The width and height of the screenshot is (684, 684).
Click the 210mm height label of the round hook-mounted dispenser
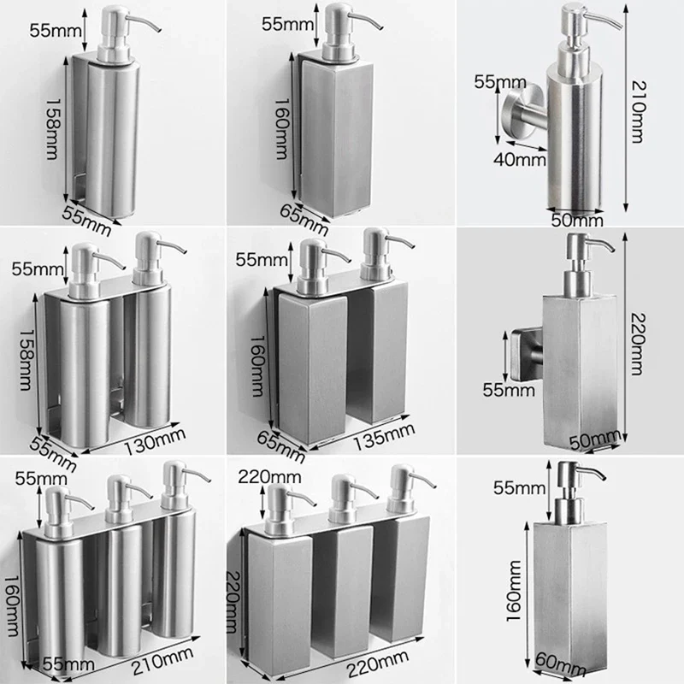[x=637, y=112]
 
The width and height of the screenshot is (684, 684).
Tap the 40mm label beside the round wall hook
[x=520, y=160]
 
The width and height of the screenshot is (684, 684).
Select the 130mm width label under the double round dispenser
[x=155, y=441]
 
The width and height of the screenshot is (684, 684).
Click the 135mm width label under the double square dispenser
[x=383, y=437]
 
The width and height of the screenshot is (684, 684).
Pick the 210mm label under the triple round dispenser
[x=162, y=660]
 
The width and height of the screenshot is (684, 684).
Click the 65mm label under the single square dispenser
[x=304, y=220]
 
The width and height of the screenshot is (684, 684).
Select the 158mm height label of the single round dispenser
[x=53, y=129]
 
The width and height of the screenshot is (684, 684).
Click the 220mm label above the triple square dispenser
[x=269, y=477]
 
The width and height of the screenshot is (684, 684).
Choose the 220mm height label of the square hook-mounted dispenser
[x=637, y=345]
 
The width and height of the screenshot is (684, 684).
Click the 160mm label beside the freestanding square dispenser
[x=515, y=591]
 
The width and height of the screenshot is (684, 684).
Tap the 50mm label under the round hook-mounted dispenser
[x=577, y=221]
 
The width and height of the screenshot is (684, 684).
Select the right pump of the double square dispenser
[x=384, y=254]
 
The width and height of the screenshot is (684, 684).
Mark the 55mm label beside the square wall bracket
[x=509, y=390]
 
